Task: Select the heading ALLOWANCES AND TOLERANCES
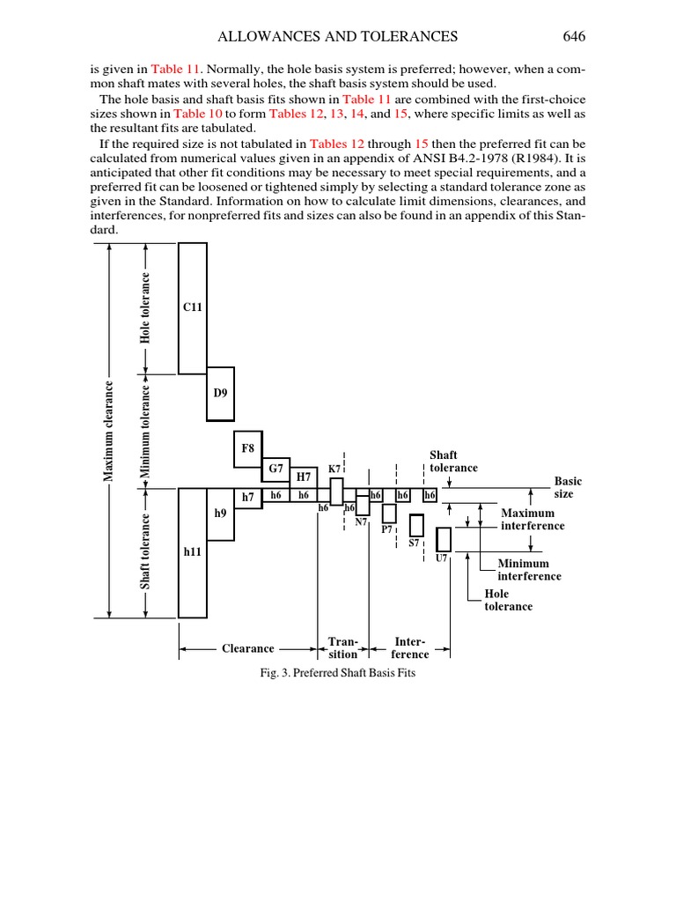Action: [338, 36]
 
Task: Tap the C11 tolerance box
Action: [193, 307]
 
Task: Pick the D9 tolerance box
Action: [221, 393]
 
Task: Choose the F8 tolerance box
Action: [248, 448]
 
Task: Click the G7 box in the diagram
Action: [276, 468]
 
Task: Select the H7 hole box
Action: [304, 477]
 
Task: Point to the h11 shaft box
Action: [193, 552]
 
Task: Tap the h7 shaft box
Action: [248, 497]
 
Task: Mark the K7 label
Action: [334, 469]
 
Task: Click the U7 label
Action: [442, 558]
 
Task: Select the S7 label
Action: [414, 543]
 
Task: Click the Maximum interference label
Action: [533, 519]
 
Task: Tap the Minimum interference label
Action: [529, 570]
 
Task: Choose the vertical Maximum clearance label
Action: [110, 432]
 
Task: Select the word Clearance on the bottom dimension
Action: [247, 648]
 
